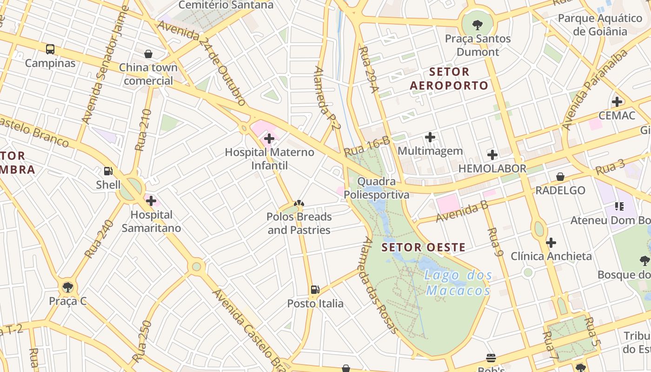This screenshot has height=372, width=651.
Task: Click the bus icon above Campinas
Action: pos(50,49)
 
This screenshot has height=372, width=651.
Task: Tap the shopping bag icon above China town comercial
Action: pos(148,54)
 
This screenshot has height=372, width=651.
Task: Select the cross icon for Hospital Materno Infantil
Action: pos(269,139)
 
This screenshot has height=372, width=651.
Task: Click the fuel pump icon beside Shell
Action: pos(108,171)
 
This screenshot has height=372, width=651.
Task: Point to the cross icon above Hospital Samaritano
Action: pos(151,201)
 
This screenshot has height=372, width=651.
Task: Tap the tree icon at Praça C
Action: pos(68,287)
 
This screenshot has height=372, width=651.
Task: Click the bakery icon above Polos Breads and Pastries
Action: pos(299,203)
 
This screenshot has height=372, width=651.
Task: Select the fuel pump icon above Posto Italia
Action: pos(315,290)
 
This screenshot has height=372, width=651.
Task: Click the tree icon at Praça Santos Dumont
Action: pos(477,25)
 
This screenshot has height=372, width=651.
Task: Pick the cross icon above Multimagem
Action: pos(430,137)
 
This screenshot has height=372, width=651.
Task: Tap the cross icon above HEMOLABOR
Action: pos(492,155)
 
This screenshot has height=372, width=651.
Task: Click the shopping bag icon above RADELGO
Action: pos(560,177)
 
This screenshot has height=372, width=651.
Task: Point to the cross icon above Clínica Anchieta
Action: pos(551,242)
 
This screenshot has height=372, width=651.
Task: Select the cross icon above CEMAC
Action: pos(617,101)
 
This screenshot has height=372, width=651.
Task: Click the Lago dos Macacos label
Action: pos(458,283)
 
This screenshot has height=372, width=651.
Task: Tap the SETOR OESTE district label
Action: pos(423,247)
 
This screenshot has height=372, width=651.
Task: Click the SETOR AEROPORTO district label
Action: pos(449,79)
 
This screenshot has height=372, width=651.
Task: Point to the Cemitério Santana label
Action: pos(226,5)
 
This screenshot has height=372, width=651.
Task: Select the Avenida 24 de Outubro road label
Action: pos(201,63)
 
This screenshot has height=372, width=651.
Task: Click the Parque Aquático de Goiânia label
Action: pos(600,25)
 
